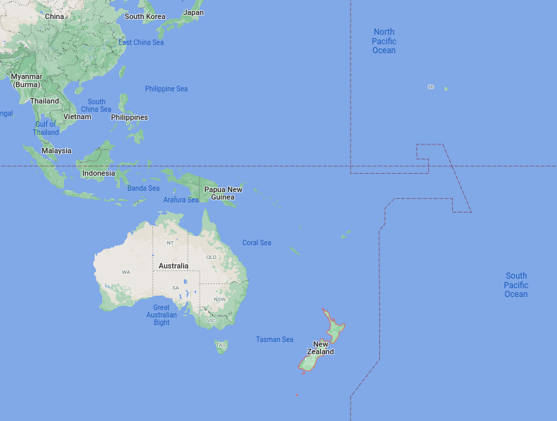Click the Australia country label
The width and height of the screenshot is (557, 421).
tap(173, 265)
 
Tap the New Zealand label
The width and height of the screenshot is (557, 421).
tap(321, 348)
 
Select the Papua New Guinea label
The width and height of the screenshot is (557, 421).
tap(223, 193)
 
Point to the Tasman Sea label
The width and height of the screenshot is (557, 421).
tap(274, 339)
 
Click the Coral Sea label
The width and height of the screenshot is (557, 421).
tap(257, 243)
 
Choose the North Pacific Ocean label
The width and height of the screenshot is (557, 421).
tap(384, 41)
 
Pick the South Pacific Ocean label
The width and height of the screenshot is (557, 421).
tap(516, 285)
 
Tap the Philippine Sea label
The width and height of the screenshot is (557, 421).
tap(166, 89)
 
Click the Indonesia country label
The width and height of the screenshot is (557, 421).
tap(99, 173)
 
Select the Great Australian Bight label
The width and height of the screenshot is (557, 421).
tap(161, 315)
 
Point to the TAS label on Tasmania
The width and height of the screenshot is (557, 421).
tap(221, 345)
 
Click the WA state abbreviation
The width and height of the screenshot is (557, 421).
tap(126, 272)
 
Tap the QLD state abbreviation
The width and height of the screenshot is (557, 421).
tap(211, 257)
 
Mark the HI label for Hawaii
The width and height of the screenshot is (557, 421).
tap(430, 87)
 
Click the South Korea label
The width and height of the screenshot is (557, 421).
tap(145, 16)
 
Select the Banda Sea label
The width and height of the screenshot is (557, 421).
tap(143, 188)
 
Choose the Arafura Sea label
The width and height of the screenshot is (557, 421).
tap(181, 200)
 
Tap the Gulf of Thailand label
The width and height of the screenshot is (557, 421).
tap(46, 128)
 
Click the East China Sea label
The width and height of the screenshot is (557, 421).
tap(141, 42)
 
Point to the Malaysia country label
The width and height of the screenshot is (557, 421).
tap(57, 151)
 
